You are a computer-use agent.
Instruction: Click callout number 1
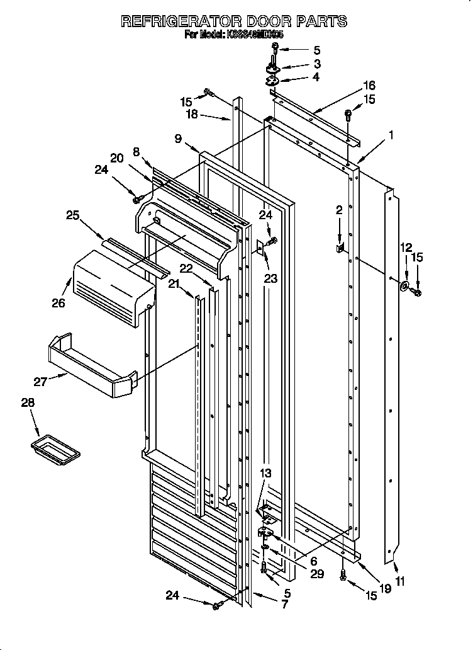391,134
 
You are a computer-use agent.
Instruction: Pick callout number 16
369,85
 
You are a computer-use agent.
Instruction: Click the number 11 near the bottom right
399,581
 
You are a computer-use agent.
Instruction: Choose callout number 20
116,159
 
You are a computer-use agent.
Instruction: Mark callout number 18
191,115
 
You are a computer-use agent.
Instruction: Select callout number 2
339,210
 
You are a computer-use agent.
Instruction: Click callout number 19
385,588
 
